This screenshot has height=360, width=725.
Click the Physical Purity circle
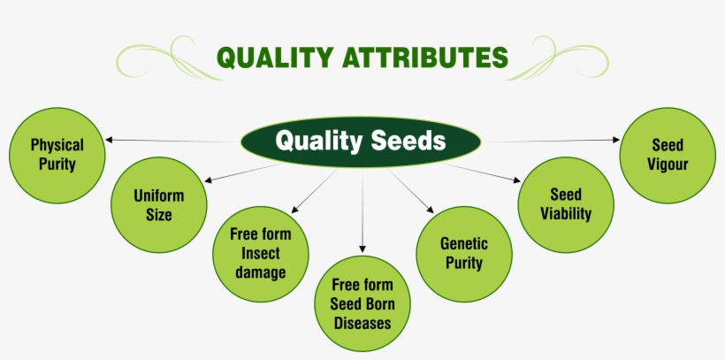click(x=57, y=154)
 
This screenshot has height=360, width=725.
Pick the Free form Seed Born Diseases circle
click(x=362, y=303)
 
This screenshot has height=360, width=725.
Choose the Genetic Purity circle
click(x=464, y=252)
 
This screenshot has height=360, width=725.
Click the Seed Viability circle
click(x=565, y=203)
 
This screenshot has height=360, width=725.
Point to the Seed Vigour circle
click(x=668, y=154)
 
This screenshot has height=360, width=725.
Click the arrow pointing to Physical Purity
click(x=168, y=140)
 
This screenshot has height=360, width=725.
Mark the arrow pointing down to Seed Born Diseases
click(x=362, y=212)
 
